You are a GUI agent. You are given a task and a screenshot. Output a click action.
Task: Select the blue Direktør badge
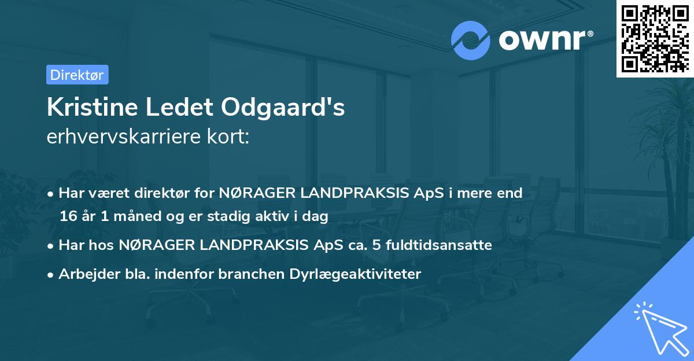tap(77, 75)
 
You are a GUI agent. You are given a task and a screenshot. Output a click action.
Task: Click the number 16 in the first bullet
tap(68, 217)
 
